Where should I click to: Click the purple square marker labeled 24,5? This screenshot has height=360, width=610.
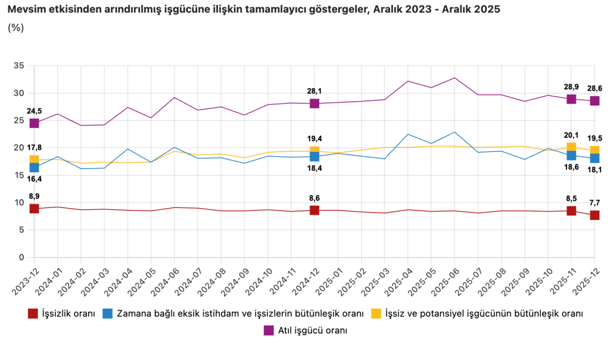34,123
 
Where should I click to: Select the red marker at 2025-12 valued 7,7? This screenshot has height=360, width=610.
595,215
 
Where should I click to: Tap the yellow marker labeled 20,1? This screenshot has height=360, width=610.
571,147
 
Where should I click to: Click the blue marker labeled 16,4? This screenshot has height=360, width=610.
34,167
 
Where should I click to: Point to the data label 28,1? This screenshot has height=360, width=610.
314,91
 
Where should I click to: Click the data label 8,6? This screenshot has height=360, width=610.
314,198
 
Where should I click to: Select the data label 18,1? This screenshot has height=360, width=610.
595,170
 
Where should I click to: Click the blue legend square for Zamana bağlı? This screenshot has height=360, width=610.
108,314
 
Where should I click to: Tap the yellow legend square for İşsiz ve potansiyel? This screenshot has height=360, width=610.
376,314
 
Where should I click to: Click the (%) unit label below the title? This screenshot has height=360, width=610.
16,27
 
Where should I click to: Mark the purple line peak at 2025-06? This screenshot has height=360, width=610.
455,77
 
